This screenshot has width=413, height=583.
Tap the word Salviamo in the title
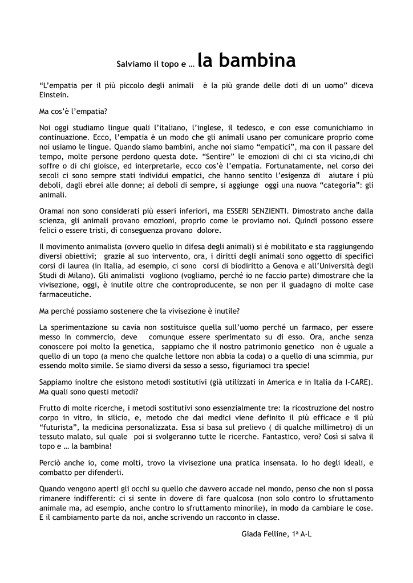point(131,65)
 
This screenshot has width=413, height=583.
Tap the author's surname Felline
point(275,534)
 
